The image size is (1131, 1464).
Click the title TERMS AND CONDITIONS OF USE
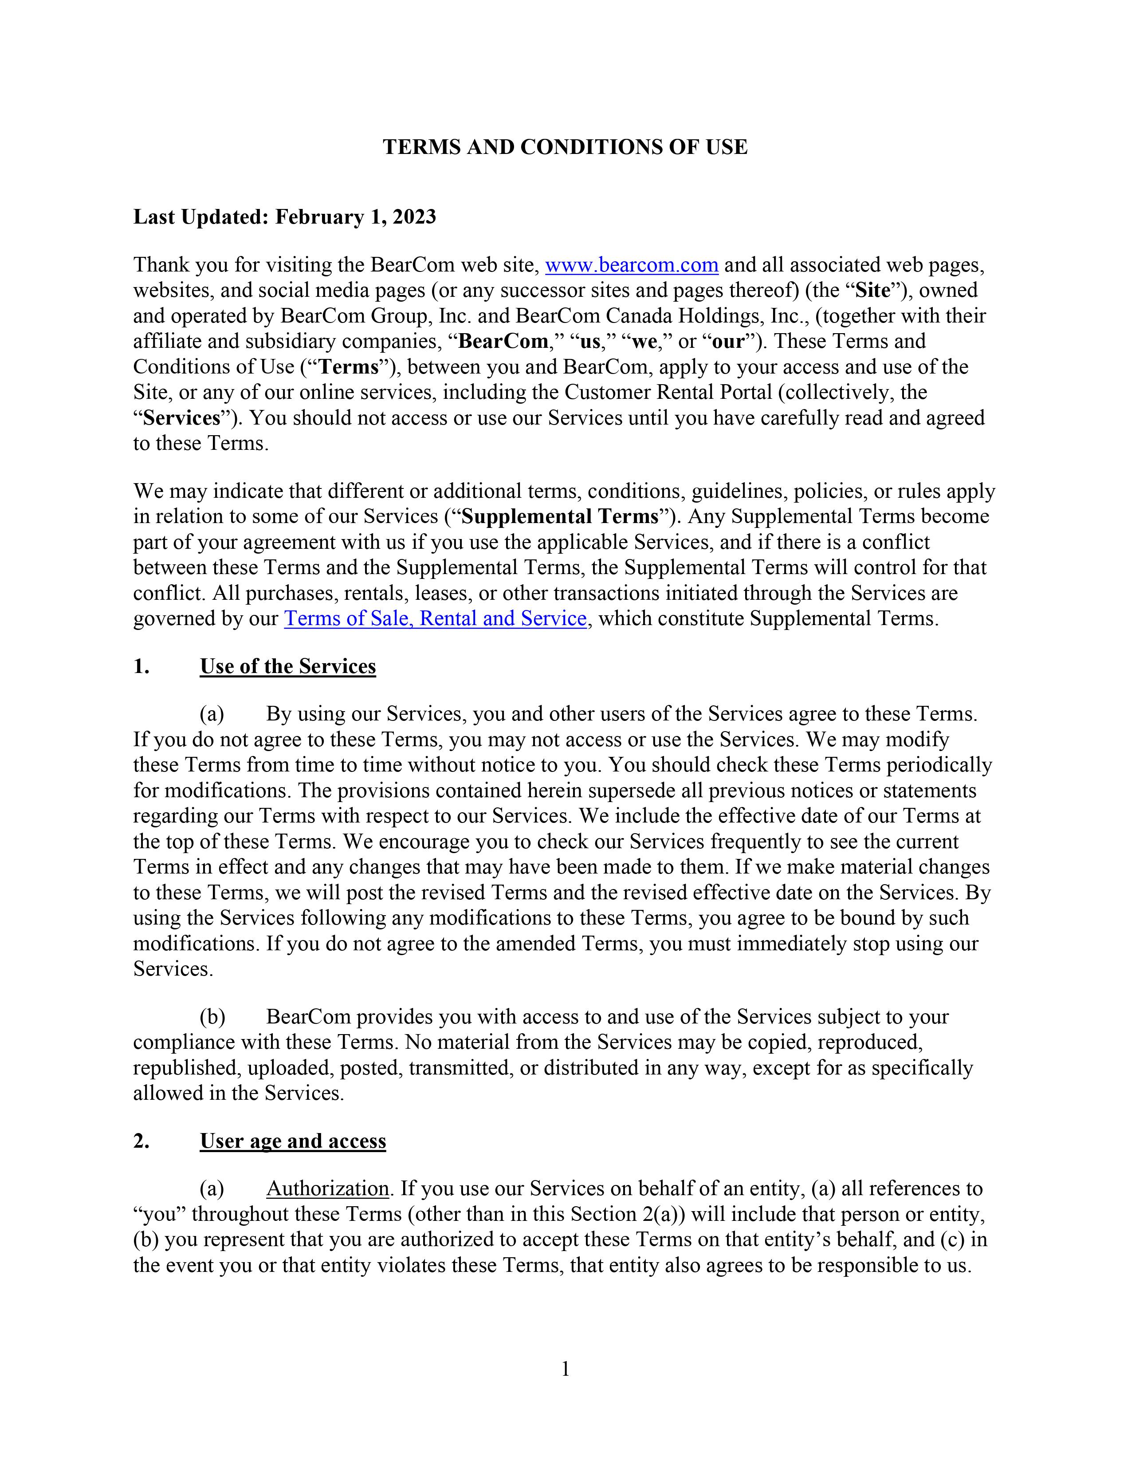pyautogui.click(x=565, y=147)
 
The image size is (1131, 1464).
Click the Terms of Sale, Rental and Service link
pyautogui.click(x=436, y=618)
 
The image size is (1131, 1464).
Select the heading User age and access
pyautogui.click(x=293, y=1141)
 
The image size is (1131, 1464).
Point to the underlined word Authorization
pyautogui.click(x=328, y=1189)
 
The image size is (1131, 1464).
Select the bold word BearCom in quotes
pyautogui.click(x=503, y=341)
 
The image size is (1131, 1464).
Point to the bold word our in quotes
pyautogui.click(x=728, y=341)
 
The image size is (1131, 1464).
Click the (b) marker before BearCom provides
pyautogui.click(x=212, y=1017)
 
